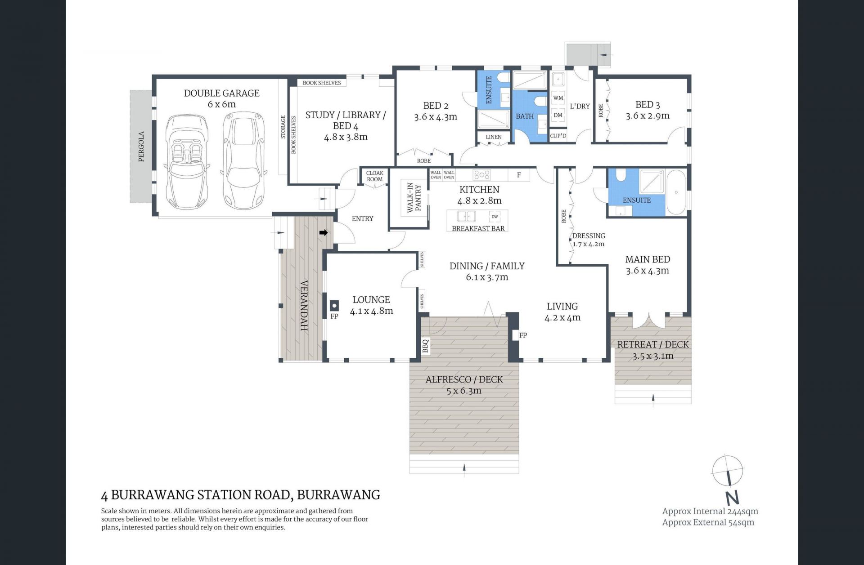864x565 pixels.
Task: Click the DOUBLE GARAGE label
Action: tap(221, 93)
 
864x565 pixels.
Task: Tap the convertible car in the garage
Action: tap(186, 160)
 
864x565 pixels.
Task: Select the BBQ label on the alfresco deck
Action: tap(425, 346)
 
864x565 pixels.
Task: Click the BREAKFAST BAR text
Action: tap(478, 228)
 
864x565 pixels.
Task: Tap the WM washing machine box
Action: tap(558, 98)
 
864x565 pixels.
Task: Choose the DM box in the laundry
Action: tap(558, 115)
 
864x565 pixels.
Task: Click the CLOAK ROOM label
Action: tap(374, 176)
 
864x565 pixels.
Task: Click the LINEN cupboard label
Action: tap(494, 137)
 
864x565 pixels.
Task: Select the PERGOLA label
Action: tap(141, 147)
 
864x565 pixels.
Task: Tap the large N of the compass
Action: tap(732, 498)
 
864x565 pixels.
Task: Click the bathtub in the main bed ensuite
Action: tap(676, 192)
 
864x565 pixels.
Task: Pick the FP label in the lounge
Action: tap(334, 316)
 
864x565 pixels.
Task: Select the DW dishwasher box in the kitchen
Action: tap(495, 217)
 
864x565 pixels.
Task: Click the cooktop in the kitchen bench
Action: tap(481, 174)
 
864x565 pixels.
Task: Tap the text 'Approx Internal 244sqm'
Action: tap(710, 511)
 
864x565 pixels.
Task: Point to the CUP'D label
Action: tap(558, 136)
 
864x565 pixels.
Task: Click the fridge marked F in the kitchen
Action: tap(519, 175)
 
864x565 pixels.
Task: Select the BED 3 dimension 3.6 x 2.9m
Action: tap(647, 116)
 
